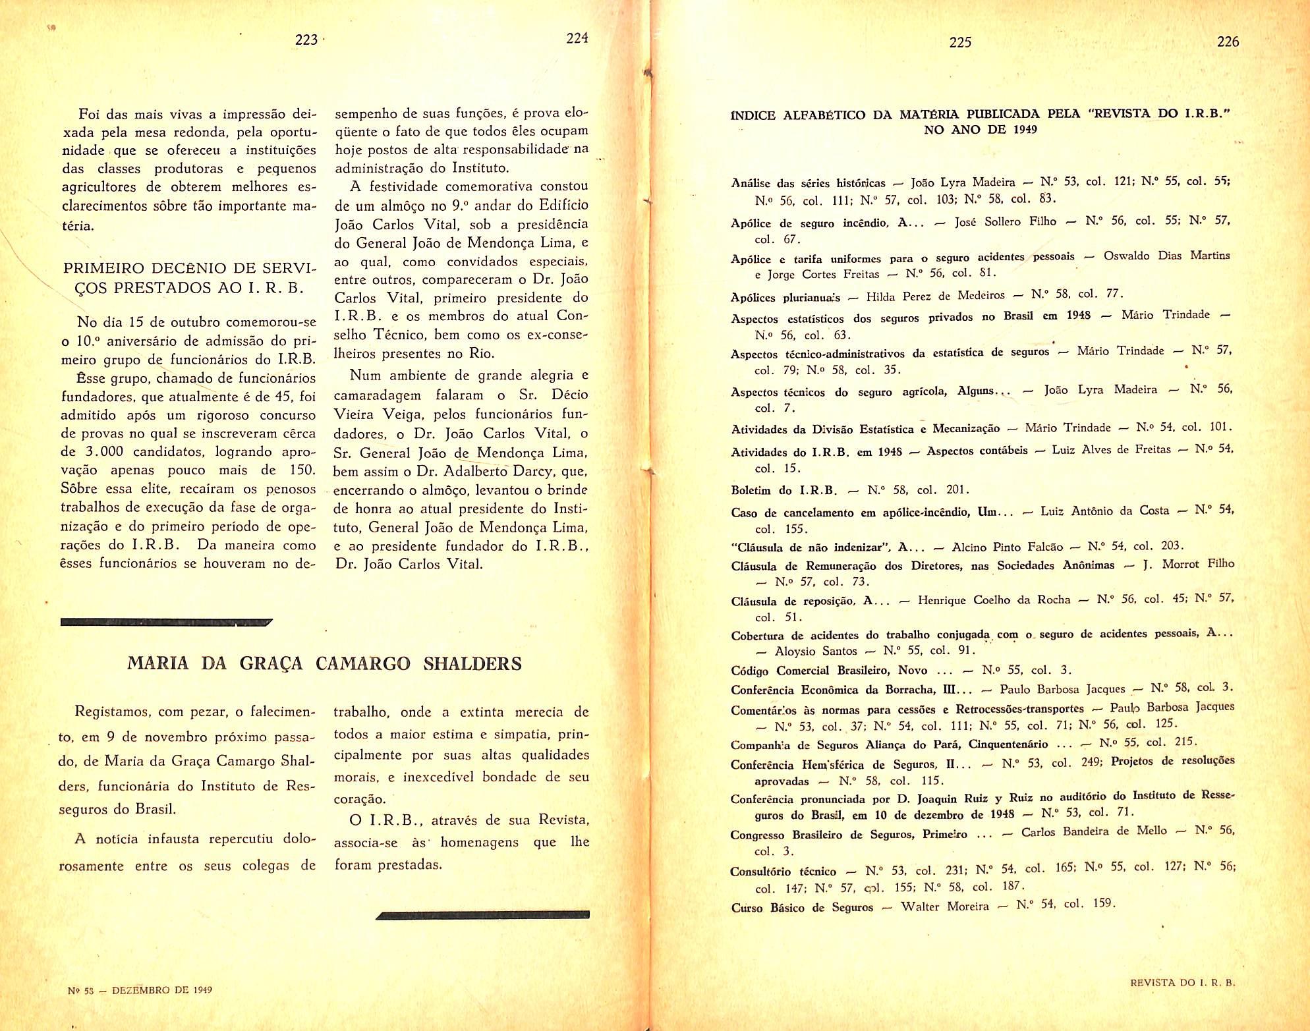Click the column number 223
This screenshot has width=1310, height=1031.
[x=306, y=40]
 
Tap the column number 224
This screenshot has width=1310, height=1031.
[x=577, y=38]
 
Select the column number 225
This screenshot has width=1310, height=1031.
[x=960, y=42]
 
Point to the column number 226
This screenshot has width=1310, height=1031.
[x=1228, y=42]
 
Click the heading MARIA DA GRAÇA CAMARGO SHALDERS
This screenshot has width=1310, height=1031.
[x=324, y=663]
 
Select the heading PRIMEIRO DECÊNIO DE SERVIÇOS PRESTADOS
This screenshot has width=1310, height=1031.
[x=190, y=278]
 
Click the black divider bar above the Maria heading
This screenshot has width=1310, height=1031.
[x=166, y=621]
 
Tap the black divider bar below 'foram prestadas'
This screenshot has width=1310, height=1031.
[x=483, y=914]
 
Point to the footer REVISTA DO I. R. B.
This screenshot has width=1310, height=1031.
[x=1182, y=982]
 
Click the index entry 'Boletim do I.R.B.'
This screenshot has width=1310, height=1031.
[x=783, y=491]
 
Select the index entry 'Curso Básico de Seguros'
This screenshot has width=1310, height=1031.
[x=802, y=908]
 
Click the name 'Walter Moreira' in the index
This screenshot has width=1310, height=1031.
[x=944, y=906]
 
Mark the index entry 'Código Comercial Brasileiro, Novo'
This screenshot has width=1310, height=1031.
[x=829, y=671]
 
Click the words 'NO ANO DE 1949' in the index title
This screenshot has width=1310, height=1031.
[x=980, y=130]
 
